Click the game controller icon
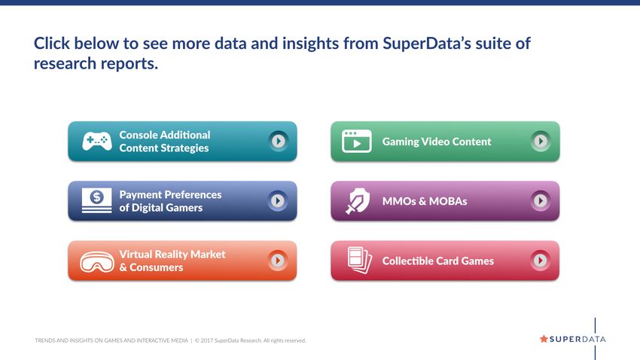tap(96, 142)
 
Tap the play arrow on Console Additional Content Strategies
tap(279, 142)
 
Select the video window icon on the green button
tap(356, 142)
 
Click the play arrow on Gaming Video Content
tap(541, 142)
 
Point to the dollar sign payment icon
tap(96, 200)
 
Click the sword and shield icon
tap(358, 201)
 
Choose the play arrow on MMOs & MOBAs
tap(541, 201)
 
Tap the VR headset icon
tap(96, 261)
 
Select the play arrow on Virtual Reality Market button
tap(278, 261)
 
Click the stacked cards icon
tap(360, 260)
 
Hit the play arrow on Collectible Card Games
tap(541, 261)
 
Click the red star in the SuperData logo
tap(544, 339)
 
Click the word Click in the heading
tap(51, 43)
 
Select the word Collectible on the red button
tap(406, 261)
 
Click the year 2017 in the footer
tap(206, 340)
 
